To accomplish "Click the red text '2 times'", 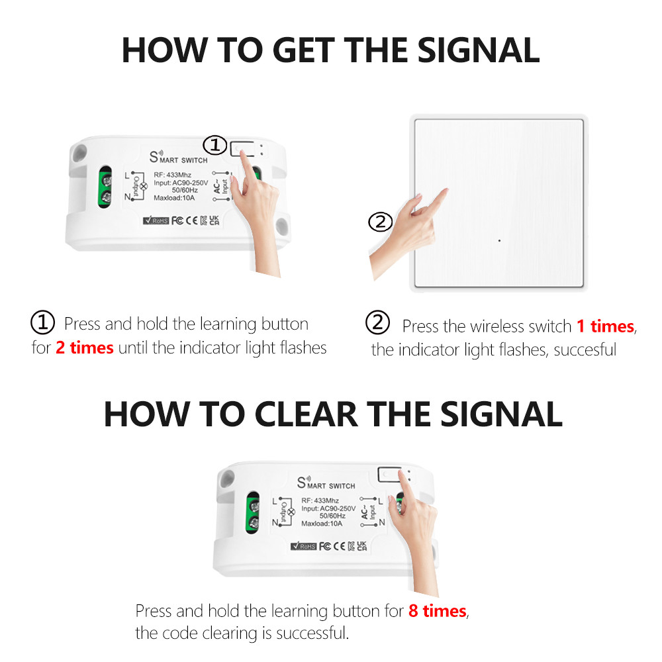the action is (x=84, y=348).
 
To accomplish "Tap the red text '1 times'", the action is (x=605, y=326).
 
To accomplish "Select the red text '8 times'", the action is (x=437, y=610).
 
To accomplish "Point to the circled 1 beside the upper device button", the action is (x=214, y=145).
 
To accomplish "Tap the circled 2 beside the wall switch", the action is (x=380, y=222).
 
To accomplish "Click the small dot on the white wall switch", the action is (x=498, y=240).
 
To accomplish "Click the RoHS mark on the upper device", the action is (x=156, y=220).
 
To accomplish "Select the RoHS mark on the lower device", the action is (x=304, y=546).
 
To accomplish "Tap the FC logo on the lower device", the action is (x=325, y=546).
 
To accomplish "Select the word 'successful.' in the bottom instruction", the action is (x=312, y=634).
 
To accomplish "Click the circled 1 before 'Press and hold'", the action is (x=43, y=324).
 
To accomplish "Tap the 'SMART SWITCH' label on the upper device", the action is (x=179, y=158).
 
